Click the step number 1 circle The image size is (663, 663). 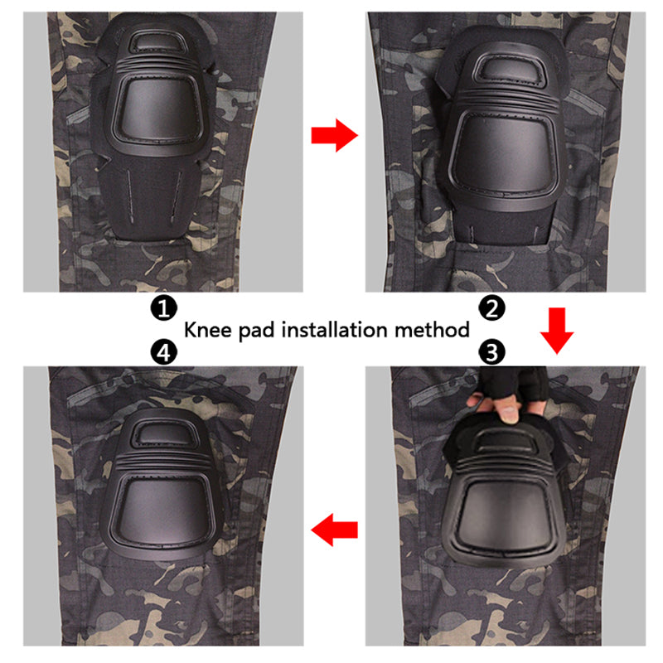pos(163,307)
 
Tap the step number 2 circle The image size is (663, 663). pos(491,307)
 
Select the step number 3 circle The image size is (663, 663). pos(491,351)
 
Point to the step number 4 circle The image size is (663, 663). pos(163,351)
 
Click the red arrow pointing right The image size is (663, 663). pos(335,135)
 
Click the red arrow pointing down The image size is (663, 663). pos(557,331)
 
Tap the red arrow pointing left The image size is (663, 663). pos(335,530)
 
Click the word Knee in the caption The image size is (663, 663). pos(208,329)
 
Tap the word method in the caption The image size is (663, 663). pos(432,329)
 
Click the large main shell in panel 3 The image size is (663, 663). pos(502,516)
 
